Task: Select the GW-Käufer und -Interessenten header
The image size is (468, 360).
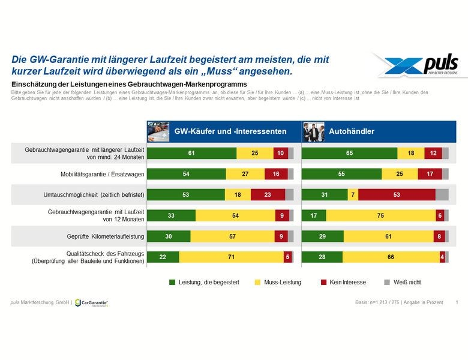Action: click(x=230, y=131)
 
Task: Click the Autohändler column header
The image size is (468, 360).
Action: click(x=352, y=131)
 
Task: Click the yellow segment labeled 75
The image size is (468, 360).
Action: click(x=380, y=215)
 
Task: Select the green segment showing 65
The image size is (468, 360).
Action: click(x=349, y=153)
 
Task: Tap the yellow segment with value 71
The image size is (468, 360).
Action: click(x=231, y=257)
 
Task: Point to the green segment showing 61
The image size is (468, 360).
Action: click(x=192, y=153)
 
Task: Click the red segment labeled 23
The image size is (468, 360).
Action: click(x=268, y=194)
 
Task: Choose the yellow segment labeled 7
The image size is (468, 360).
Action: click(x=353, y=194)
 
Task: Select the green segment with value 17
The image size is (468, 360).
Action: click(x=314, y=215)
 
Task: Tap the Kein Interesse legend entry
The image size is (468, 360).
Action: click(x=343, y=281)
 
